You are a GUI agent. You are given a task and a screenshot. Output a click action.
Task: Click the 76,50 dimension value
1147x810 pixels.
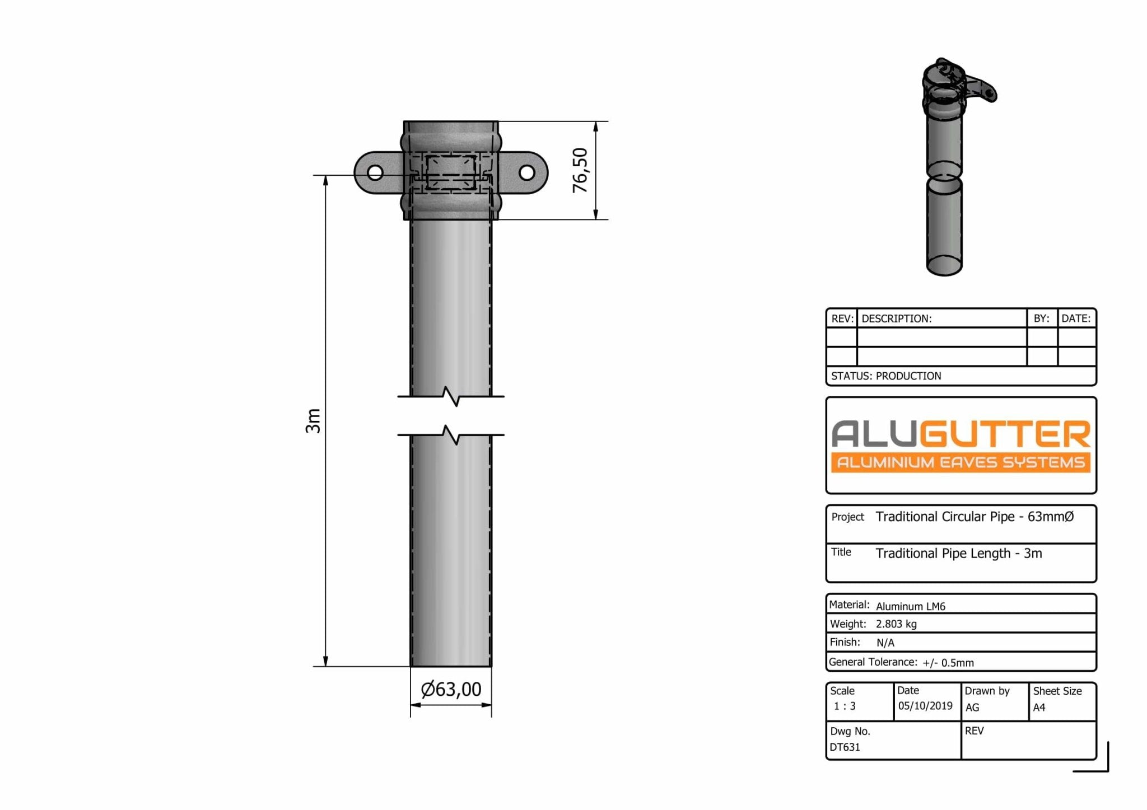click(580, 170)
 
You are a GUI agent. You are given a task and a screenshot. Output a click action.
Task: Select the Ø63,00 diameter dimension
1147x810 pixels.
click(451, 689)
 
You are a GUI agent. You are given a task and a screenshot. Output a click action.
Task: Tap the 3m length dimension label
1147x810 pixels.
click(313, 420)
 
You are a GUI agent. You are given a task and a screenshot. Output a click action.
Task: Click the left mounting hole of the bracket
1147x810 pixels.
click(375, 172)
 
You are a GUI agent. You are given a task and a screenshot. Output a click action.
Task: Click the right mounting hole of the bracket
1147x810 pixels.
click(526, 172)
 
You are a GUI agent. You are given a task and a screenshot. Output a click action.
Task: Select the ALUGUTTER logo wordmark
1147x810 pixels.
click(961, 434)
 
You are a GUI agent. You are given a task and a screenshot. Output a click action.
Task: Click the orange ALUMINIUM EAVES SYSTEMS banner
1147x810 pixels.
click(961, 462)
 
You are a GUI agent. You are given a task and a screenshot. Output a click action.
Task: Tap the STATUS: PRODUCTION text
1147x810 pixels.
click(886, 376)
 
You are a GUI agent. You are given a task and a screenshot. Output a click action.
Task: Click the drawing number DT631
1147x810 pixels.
click(845, 747)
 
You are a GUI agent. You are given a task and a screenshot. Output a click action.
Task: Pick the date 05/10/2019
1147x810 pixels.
click(925, 706)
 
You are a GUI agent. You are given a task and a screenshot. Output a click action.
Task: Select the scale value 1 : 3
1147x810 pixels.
click(845, 706)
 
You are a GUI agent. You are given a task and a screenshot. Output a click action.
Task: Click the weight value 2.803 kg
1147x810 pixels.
click(896, 624)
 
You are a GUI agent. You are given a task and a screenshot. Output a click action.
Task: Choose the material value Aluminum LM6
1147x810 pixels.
click(911, 606)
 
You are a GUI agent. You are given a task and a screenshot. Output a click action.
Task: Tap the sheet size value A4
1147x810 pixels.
click(1039, 708)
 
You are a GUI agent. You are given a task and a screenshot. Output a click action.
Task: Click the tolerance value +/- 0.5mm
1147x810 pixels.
click(948, 663)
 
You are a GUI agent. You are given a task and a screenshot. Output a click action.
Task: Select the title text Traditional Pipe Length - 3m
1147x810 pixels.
click(959, 554)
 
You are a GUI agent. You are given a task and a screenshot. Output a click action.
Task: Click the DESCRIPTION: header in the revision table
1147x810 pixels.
click(896, 319)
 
